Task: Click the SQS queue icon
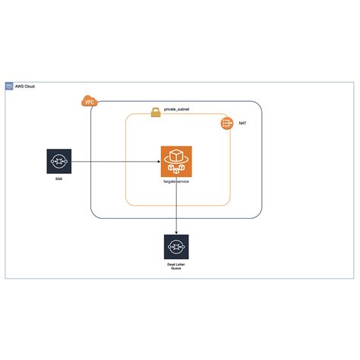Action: click(58, 162)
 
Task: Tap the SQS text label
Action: click(58, 178)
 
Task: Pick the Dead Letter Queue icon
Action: click(176, 247)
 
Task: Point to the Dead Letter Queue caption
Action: click(176, 266)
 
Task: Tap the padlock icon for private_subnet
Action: click(155, 112)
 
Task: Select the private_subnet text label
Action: click(177, 110)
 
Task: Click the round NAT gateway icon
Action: click(226, 122)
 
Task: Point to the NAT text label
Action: click(242, 122)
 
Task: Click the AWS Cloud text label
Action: click(24, 87)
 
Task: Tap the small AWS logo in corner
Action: click(9, 87)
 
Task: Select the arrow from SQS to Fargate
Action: click(114, 162)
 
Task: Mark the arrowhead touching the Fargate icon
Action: click(157, 162)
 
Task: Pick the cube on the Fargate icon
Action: click(176, 156)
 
